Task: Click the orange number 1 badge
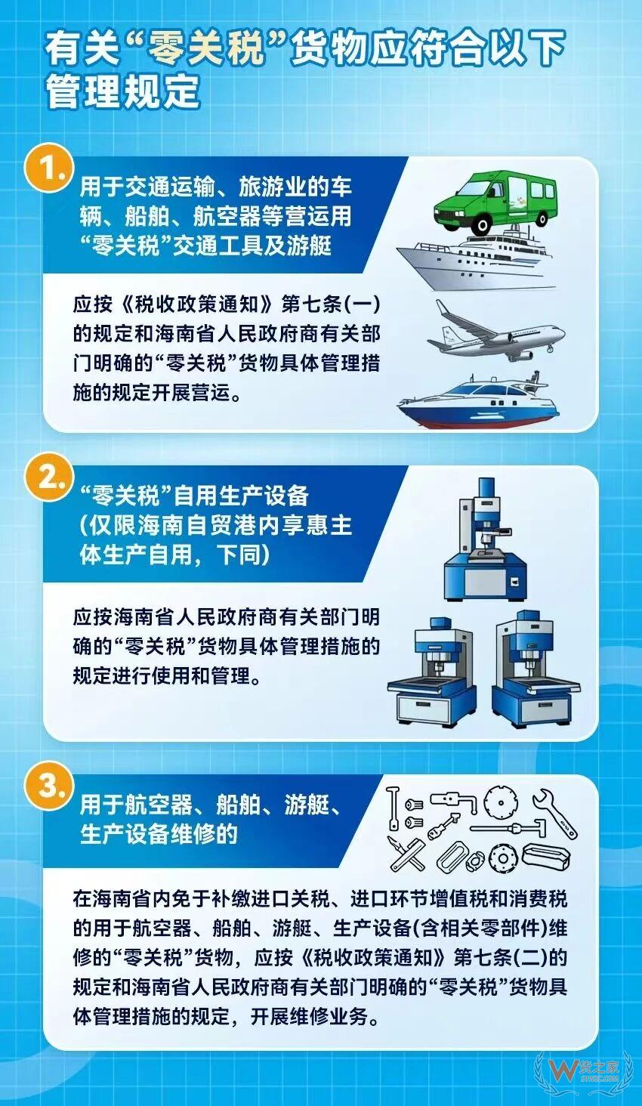point(49,169)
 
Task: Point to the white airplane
point(495,331)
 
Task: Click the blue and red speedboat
point(477,400)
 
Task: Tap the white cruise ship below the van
point(477,262)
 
